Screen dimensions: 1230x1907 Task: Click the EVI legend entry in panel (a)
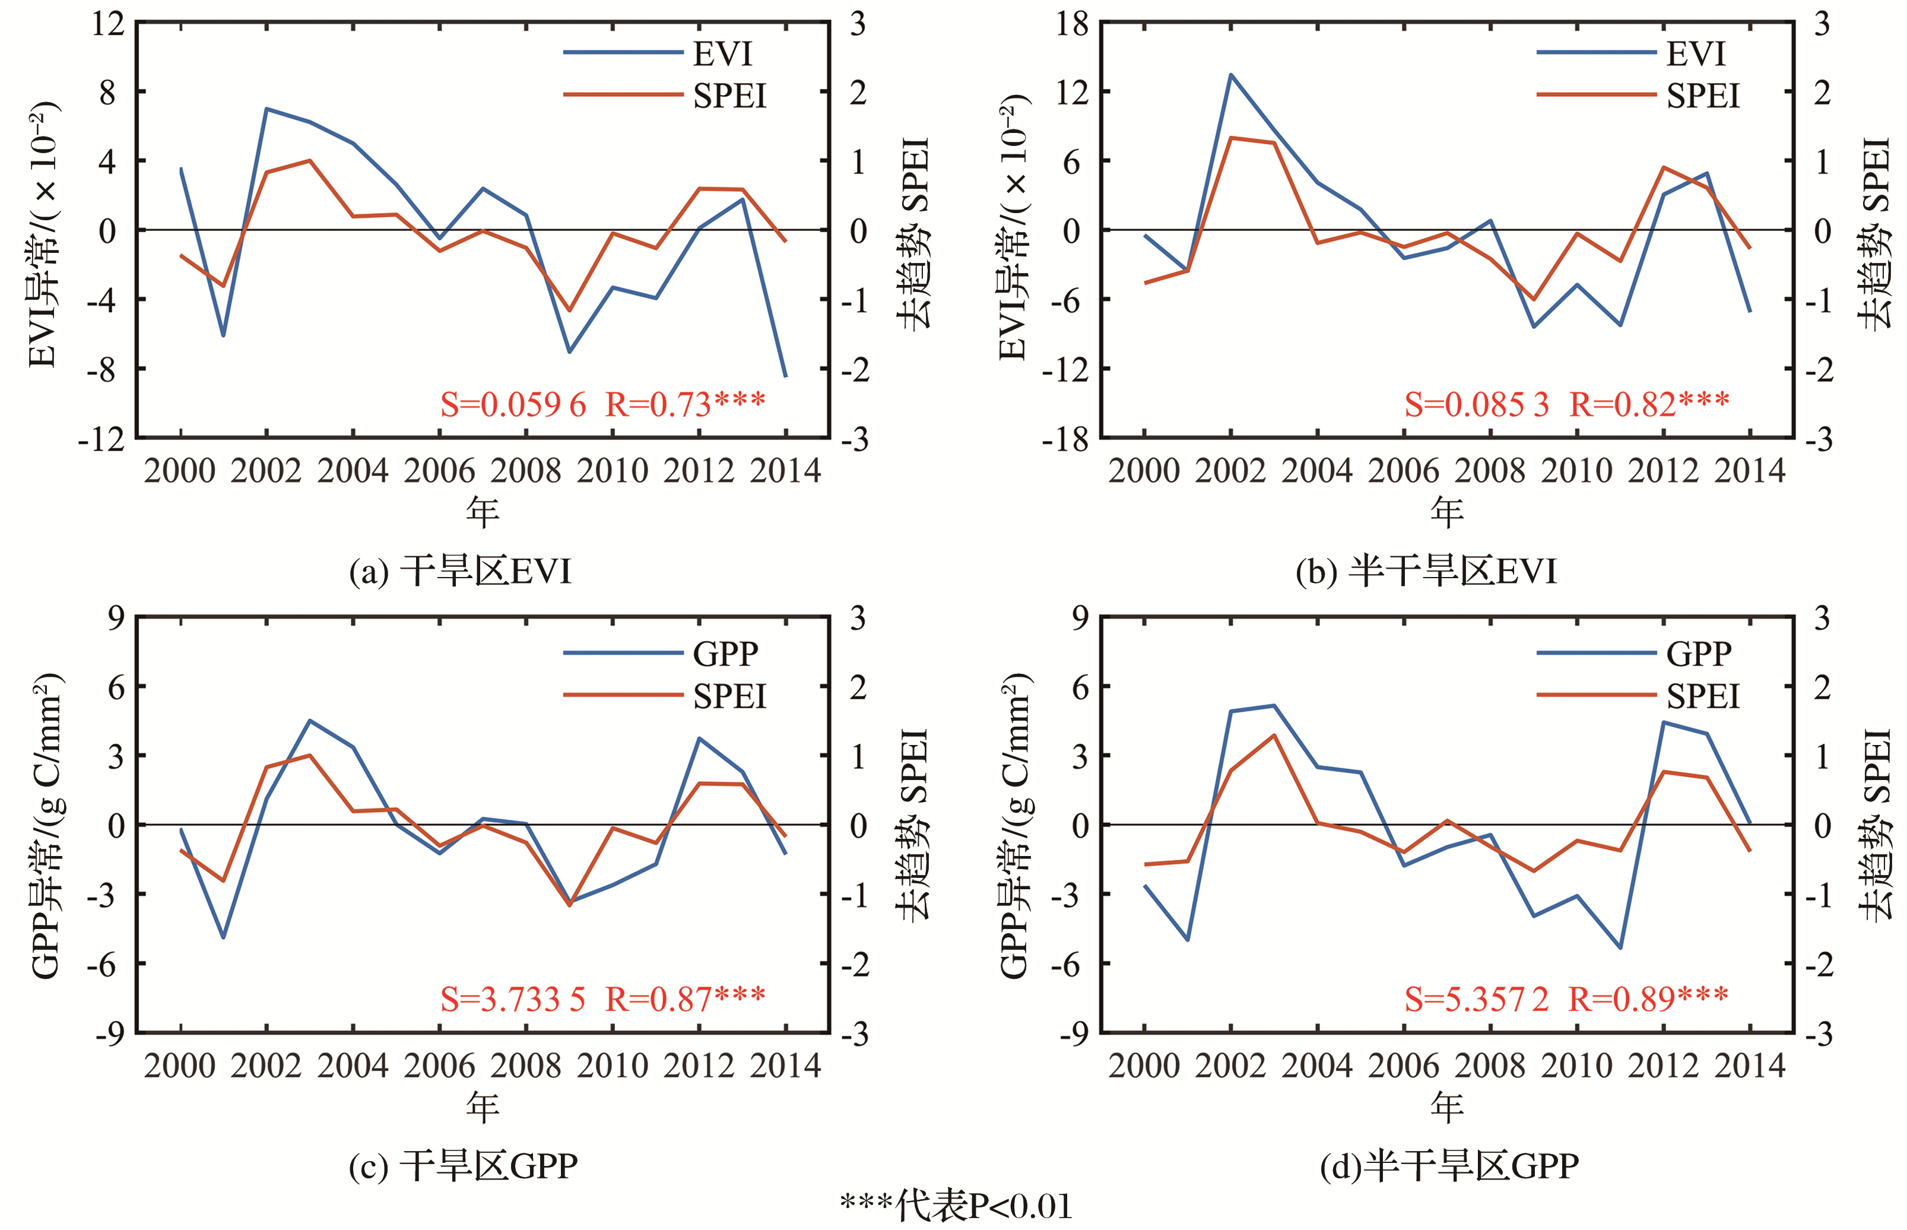click(x=722, y=53)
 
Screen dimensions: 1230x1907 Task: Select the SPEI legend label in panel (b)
click(x=1703, y=96)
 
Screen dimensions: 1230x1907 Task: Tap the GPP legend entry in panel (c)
click(x=725, y=654)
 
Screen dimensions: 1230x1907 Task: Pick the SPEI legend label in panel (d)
click(x=1703, y=696)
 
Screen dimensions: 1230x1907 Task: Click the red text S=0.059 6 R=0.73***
click(x=602, y=405)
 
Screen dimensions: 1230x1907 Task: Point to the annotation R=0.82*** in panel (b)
click(x=1649, y=405)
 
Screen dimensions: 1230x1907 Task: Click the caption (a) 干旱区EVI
click(x=461, y=572)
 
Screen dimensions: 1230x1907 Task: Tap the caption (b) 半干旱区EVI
click(x=1426, y=572)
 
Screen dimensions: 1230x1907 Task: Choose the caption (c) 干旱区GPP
click(x=463, y=1166)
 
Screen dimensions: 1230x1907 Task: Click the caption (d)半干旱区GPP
click(x=1449, y=1166)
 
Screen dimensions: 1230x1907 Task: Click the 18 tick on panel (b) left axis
click(x=1072, y=24)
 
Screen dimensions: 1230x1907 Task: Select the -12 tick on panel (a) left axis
click(x=101, y=439)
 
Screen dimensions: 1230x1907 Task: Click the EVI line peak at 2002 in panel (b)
click(x=1230, y=75)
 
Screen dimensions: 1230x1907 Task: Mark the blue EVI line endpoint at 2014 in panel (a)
click(x=786, y=375)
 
